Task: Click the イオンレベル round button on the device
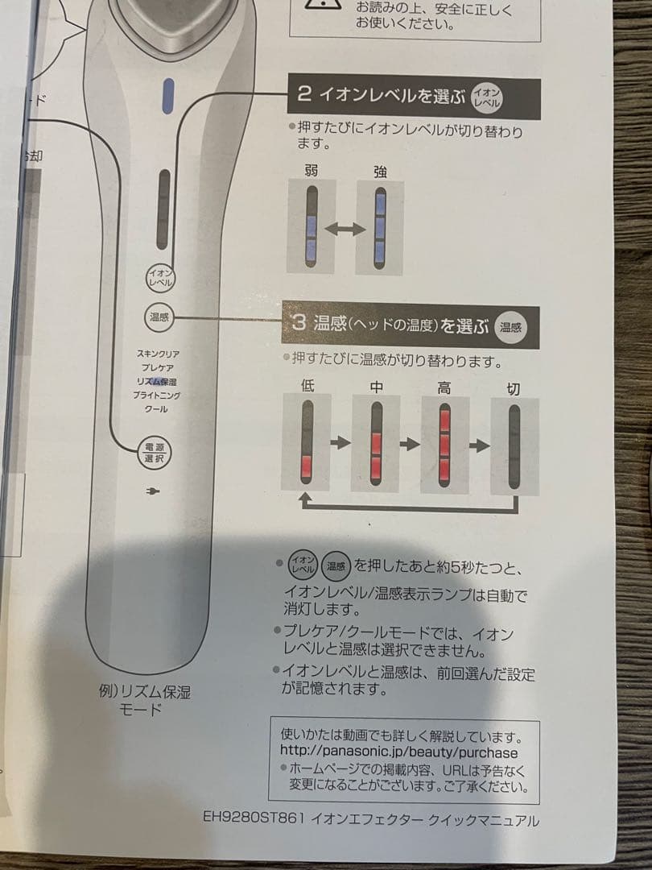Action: [x=159, y=279]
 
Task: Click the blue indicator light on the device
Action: [x=169, y=97]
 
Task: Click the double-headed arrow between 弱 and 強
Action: [x=345, y=230]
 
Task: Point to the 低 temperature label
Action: [x=307, y=386]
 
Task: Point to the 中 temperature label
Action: [x=376, y=387]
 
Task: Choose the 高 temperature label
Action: [x=444, y=387]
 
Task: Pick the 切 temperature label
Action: [x=514, y=388]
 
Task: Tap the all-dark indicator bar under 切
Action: [x=514, y=445]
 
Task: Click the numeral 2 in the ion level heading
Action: [x=303, y=94]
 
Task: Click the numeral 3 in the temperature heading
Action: [x=299, y=325]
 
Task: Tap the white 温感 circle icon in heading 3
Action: [x=510, y=326]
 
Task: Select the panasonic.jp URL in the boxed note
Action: [x=399, y=752]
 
